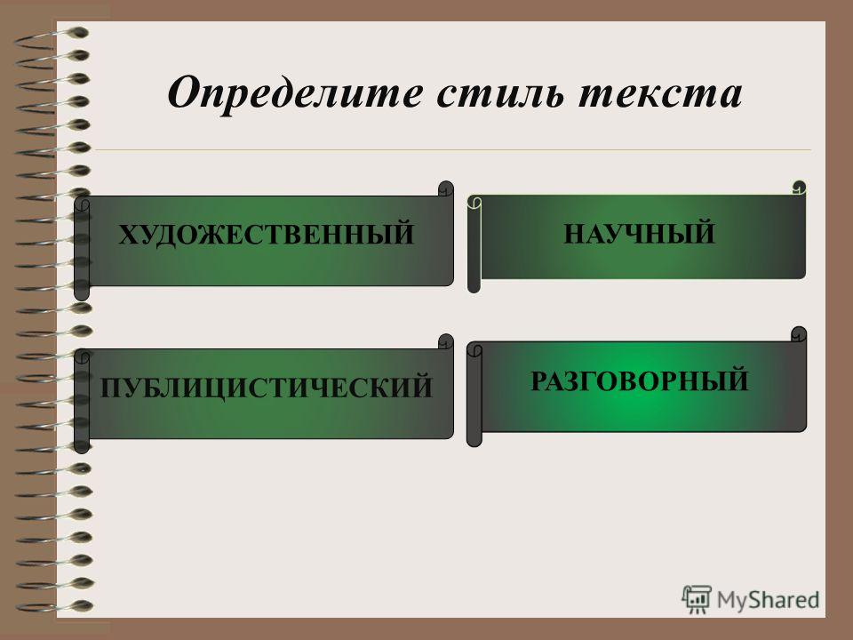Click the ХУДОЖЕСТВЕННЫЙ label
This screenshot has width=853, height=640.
266,234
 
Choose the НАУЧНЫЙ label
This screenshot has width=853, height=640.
639,234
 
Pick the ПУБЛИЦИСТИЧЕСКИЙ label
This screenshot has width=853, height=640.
266,387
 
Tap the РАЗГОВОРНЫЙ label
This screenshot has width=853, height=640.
639,380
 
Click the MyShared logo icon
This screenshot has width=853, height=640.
697,599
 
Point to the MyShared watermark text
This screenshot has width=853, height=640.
768,600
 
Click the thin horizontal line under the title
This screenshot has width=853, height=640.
453,149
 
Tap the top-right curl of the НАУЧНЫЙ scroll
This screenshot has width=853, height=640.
799,188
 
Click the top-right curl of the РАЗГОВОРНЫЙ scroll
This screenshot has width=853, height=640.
799,334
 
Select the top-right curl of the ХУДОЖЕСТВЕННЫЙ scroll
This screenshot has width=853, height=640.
446,188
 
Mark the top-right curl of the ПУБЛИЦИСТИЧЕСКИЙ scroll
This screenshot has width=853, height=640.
446,341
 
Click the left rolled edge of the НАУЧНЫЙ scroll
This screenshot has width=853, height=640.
474,244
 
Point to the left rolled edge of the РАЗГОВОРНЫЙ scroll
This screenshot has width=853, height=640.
474,394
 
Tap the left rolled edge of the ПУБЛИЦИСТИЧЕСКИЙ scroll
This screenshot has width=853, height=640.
82,401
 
